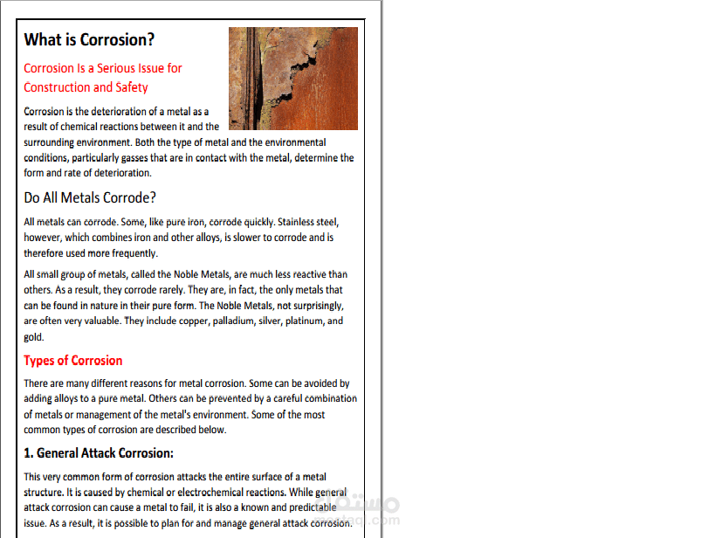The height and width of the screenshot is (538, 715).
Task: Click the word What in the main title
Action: coord(42,40)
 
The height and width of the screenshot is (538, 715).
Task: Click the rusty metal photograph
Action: coord(292,78)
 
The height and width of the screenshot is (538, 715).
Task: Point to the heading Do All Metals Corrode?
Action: coord(90,197)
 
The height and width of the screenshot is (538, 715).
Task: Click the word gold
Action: coord(33,337)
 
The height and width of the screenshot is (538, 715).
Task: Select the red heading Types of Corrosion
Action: coord(73,361)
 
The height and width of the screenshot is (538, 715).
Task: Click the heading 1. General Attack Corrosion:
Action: coord(99,453)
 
